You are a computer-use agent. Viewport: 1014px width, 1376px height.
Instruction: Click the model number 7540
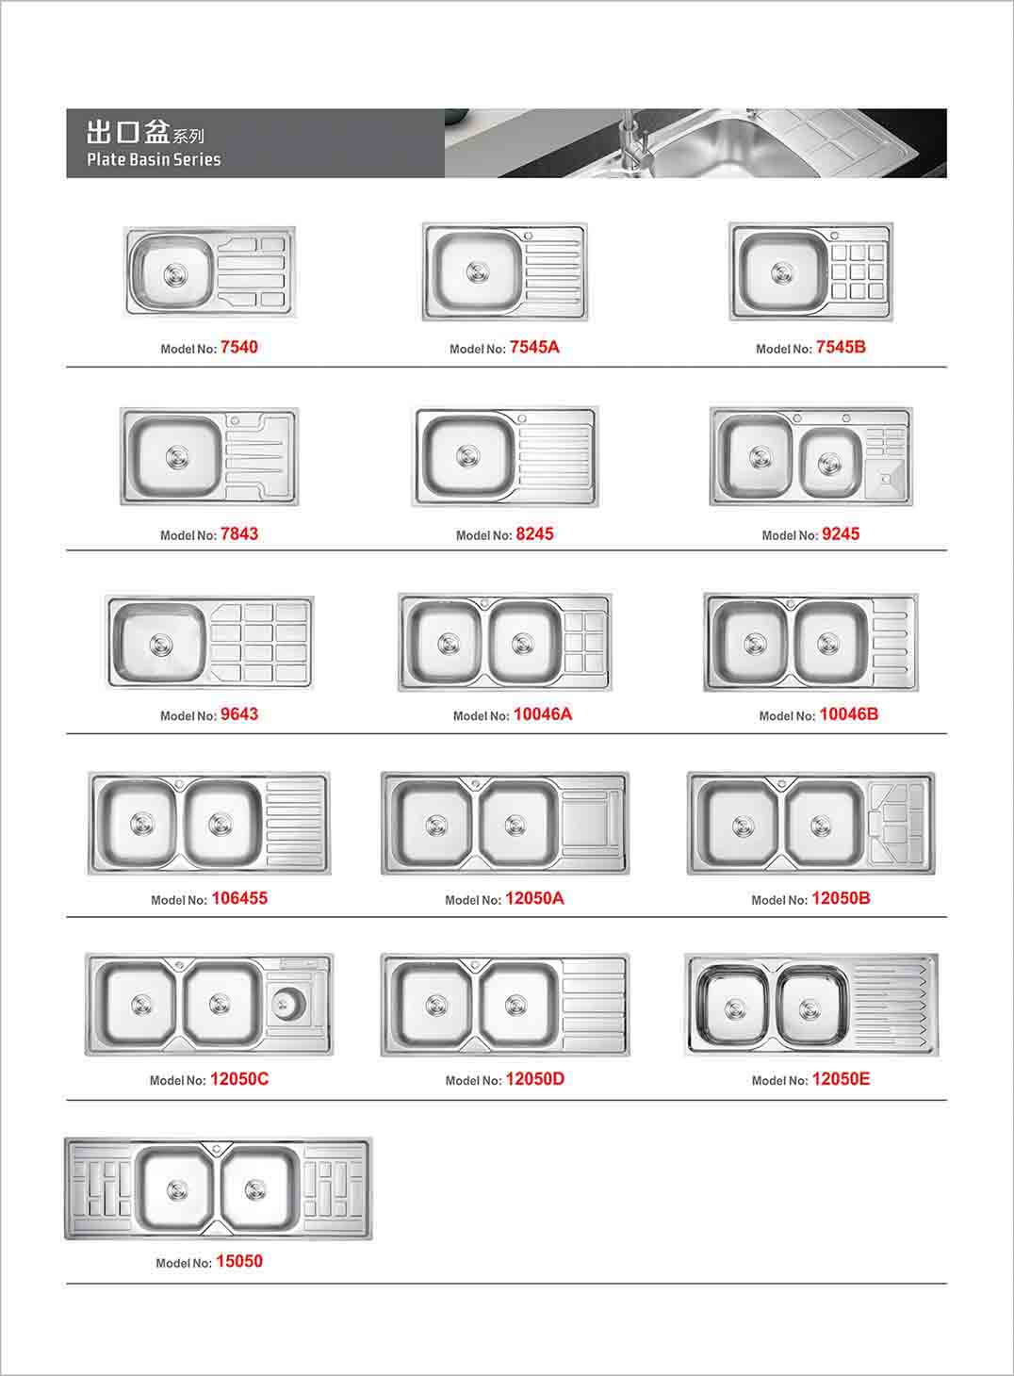click(239, 347)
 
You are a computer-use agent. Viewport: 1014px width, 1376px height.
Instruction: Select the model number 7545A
click(534, 347)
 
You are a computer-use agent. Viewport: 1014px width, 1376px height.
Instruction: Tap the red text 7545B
click(841, 347)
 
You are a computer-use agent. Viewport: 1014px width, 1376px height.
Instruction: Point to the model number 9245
click(841, 533)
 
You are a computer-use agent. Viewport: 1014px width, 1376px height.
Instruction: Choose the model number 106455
click(239, 898)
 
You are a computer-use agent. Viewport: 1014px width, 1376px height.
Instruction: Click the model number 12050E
click(841, 1079)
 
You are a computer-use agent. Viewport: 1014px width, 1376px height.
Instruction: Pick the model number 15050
click(239, 1261)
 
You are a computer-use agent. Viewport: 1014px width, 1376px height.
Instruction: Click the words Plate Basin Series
click(154, 159)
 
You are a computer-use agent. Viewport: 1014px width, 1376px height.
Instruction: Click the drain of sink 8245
click(468, 456)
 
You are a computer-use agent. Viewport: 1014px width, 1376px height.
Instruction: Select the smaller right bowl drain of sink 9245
click(829, 464)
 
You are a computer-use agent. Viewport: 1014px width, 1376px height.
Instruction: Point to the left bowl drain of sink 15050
click(177, 1190)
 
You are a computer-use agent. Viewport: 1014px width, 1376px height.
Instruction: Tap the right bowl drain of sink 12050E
click(810, 1008)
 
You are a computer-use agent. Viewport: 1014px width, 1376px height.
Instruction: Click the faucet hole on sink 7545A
click(528, 236)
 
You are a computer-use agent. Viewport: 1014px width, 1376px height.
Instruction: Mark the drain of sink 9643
click(161, 645)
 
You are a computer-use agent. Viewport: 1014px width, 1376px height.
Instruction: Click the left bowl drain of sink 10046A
click(449, 644)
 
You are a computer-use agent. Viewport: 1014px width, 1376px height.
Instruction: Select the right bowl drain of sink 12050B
click(821, 827)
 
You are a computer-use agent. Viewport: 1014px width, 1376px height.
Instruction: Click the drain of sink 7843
click(177, 458)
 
